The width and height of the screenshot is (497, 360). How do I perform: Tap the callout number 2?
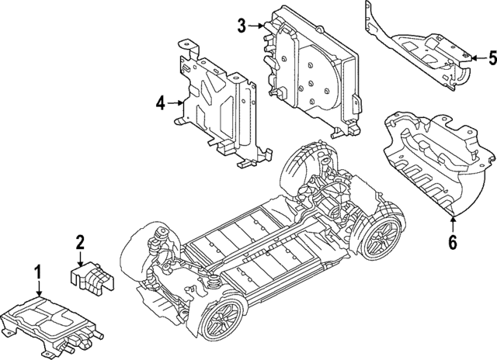[79, 242]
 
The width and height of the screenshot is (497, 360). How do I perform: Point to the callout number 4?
[159, 102]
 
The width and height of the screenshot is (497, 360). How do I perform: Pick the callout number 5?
[491, 57]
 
